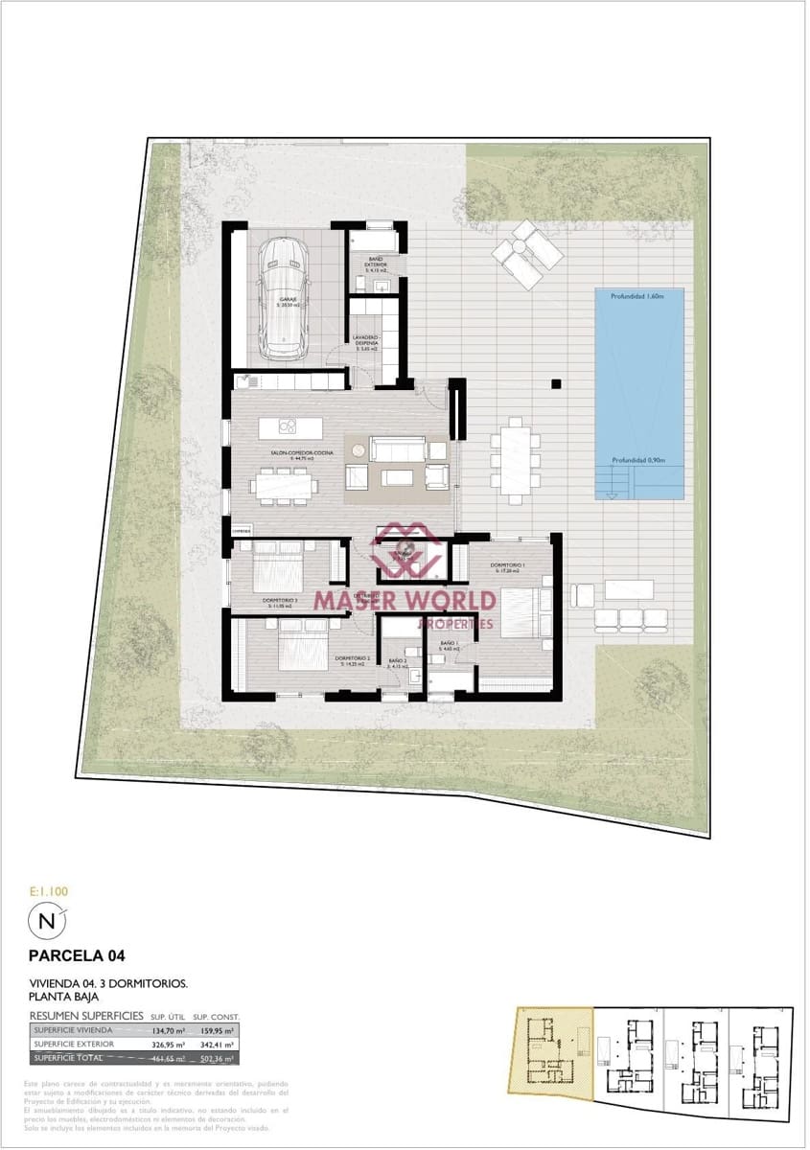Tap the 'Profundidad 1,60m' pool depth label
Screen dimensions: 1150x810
(638, 296)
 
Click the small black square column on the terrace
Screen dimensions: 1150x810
(555, 384)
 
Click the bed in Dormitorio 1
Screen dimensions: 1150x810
(519, 613)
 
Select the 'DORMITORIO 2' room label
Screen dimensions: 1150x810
(353, 658)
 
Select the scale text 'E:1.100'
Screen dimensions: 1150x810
(49, 891)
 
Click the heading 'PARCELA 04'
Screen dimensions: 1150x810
(78, 955)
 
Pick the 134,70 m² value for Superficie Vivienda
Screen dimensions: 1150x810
(164, 1030)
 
